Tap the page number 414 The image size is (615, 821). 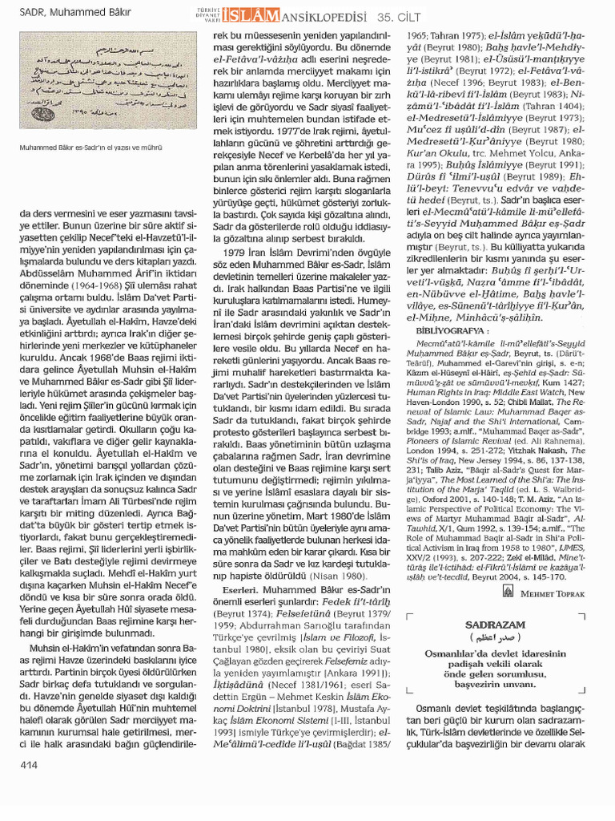tap(30, 766)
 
